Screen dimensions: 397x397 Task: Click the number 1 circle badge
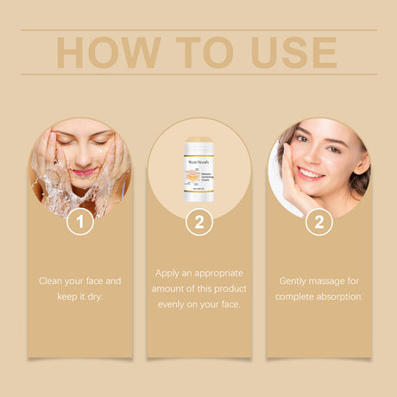pyautogui.click(x=80, y=222)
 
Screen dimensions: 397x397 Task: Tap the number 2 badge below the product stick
pyautogui.click(x=199, y=222)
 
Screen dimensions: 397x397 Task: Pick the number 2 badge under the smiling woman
pyautogui.click(x=318, y=222)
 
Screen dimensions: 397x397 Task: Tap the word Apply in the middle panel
pyautogui.click(x=169, y=273)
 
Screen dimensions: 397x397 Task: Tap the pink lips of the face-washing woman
pyautogui.click(x=83, y=172)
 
